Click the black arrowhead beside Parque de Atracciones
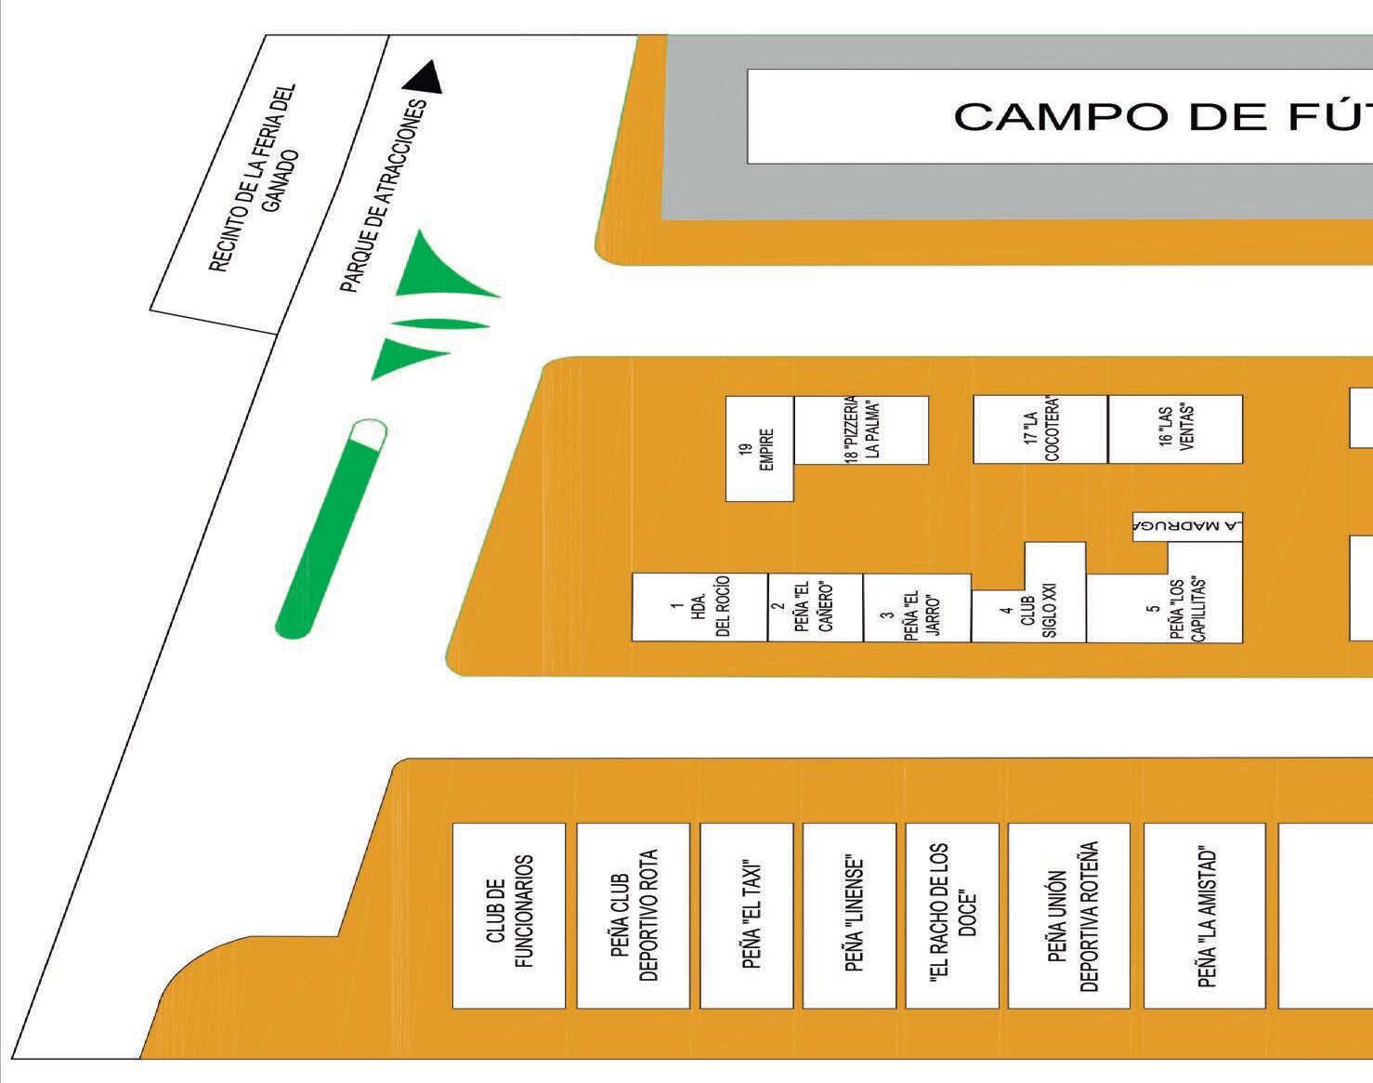tap(426, 77)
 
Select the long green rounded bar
tap(332, 530)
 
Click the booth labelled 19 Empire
tap(759, 449)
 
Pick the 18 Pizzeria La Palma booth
tap(861, 429)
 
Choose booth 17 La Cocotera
tap(1040, 429)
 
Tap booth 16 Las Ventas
tap(1175, 429)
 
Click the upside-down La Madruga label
tap(1187, 526)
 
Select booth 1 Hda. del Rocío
tap(700, 607)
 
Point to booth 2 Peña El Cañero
tap(815, 607)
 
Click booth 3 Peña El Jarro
tap(917, 608)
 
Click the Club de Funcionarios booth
tap(509, 915)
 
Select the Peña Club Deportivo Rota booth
tap(633, 915)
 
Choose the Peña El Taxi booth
tap(747, 915)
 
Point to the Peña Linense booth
tap(849, 915)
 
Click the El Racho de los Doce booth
tap(952, 915)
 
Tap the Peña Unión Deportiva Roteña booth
tap(1069, 915)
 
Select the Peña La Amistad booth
tap(1204, 915)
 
